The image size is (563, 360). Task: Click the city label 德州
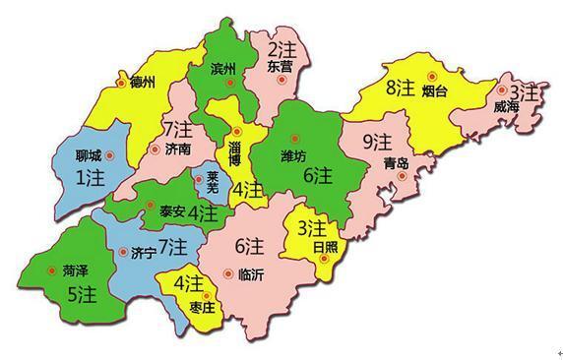point(142,83)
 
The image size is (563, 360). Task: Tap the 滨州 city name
point(223,69)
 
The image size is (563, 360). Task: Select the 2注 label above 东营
point(281,47)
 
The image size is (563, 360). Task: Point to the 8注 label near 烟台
point(399,89)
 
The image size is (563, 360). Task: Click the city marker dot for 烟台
point(431,75)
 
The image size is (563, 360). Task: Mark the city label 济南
point(178,150)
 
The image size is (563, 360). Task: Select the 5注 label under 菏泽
point(72,292)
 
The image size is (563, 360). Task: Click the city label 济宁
point(142,253)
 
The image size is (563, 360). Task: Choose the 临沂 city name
point(251,274)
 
